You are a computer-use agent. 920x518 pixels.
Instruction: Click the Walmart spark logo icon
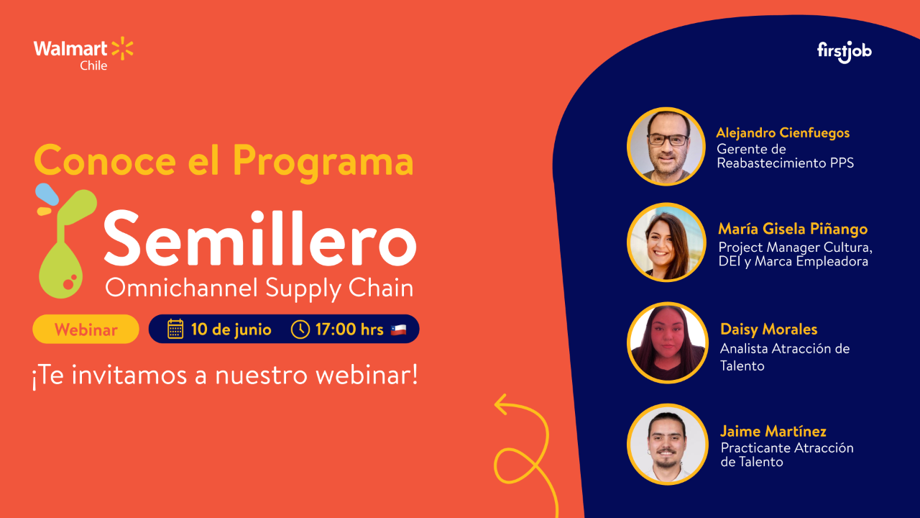122,49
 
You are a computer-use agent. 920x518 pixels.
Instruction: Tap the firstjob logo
845,52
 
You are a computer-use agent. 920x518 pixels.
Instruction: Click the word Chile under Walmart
93,65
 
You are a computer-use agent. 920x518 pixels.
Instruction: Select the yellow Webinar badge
86,330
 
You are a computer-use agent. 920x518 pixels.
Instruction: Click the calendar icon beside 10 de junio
175,330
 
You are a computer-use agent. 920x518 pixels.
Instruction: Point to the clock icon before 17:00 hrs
300,330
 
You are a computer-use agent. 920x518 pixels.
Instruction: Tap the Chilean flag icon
399,330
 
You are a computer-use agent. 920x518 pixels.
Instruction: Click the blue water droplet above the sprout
48,193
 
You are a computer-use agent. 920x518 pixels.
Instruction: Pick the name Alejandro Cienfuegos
783,133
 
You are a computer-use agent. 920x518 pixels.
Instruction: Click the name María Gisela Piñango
793,229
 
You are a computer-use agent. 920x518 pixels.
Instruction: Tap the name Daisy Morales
768,330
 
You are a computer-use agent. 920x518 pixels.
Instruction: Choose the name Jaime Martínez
773,431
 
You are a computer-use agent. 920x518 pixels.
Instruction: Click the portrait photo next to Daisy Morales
667,343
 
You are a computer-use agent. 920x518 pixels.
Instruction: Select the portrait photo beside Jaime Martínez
667,444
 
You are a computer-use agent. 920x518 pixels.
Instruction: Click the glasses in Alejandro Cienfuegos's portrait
667,140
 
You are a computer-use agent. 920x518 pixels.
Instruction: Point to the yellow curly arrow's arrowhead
501,404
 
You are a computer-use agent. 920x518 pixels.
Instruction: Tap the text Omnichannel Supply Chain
259,288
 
